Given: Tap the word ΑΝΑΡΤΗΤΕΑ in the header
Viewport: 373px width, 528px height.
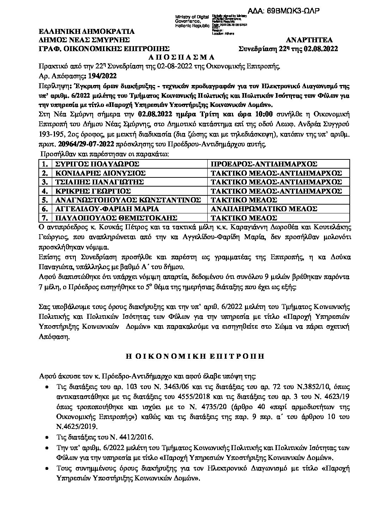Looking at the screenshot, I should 310,40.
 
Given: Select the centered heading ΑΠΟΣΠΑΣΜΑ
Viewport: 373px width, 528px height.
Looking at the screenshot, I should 186,57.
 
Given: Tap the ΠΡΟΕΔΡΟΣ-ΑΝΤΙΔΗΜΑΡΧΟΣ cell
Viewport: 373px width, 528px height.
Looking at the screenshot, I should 264,164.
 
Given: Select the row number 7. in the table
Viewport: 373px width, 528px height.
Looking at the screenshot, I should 44,218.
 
